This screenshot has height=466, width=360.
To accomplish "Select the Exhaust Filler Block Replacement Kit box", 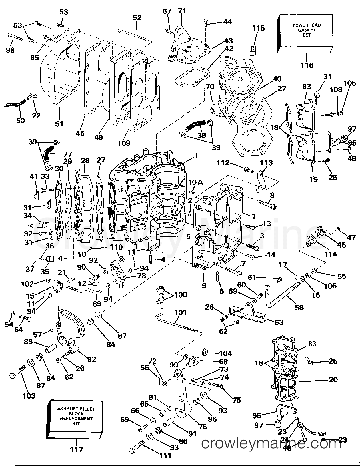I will tap(76, 416).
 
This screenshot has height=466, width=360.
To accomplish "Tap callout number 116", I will tap(307, 65).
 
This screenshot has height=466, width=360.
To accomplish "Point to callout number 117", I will tap(77, 450).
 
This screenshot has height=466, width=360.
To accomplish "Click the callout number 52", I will tap(137, 17).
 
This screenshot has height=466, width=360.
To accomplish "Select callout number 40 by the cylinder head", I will tap(277, 79).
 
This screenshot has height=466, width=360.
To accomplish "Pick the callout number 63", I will tap(279, 322).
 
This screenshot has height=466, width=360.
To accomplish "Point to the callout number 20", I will tap(333, 380).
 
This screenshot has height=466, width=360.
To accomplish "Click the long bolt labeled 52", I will tap(131, 34).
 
